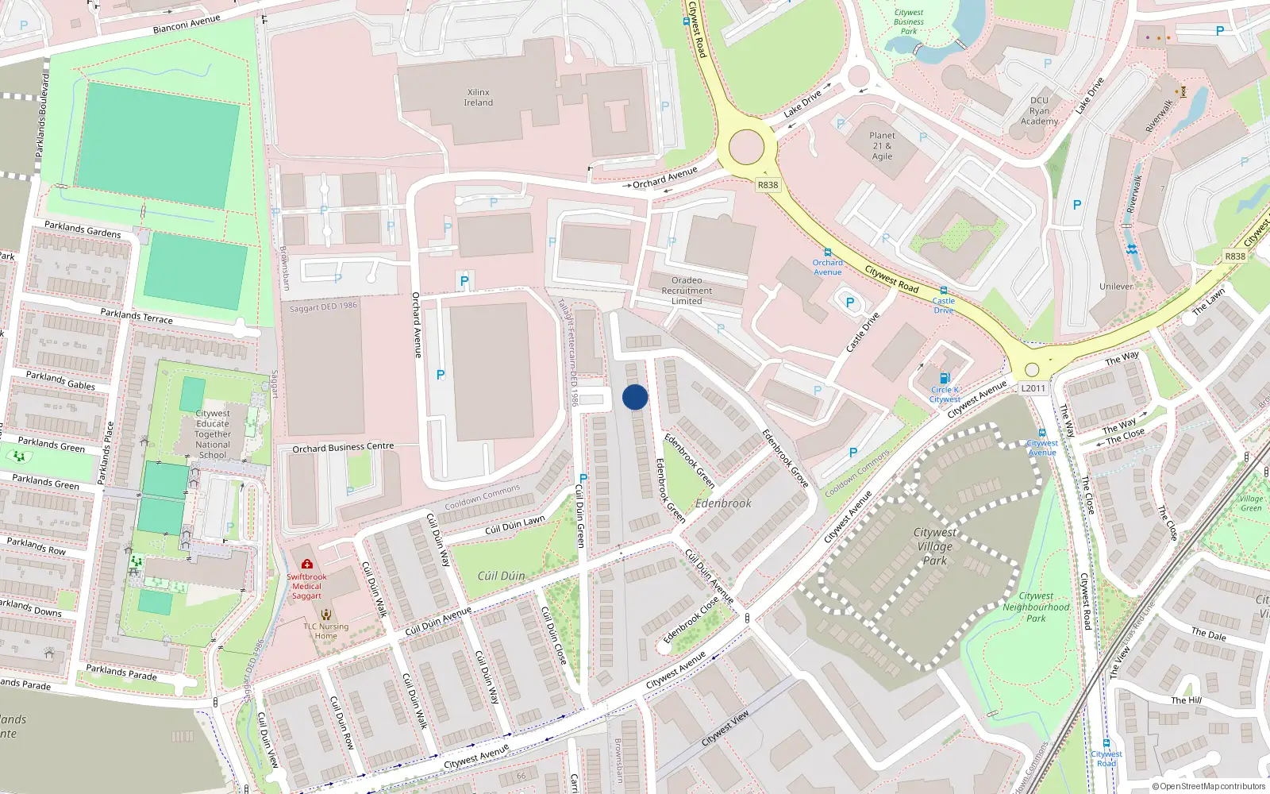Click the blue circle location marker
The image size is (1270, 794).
(x=635, y=397)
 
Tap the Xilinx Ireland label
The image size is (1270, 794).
(x=479, y=98)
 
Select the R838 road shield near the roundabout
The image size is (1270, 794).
(x=768, y=185)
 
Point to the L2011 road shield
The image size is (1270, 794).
(x=1033, y=388)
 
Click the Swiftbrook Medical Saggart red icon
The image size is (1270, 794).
(x=307, y=564)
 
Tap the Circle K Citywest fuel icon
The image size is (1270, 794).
(x=945, y=378)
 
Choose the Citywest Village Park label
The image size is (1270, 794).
(x=935, y=546)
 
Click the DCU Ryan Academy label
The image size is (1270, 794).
(x=1039, y=111)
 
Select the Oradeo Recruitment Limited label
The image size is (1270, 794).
(x=687, y=291)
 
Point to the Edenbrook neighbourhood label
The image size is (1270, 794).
(x=723, y=503)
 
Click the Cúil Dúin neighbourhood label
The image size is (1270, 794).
(x=501, y=576)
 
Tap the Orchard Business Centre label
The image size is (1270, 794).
(x=343, y=448)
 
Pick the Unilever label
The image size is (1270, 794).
(x=1116, y=287)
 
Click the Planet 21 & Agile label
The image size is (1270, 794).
(x=882, y=146)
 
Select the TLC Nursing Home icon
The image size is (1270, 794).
(x=325, y=614)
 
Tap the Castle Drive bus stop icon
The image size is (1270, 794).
(x=943, y=291)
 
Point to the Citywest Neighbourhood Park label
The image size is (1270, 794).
(x=1036, y=607)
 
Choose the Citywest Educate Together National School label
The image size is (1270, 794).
(x=213, y=434)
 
